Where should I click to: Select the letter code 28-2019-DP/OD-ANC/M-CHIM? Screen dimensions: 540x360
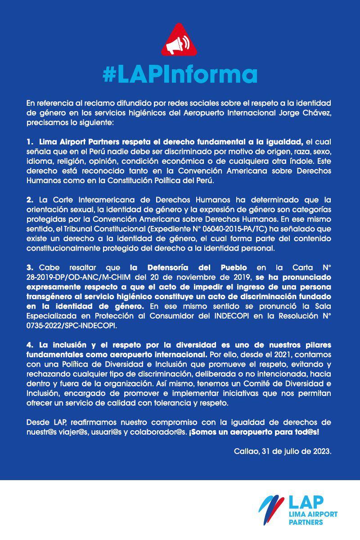coord(75,277)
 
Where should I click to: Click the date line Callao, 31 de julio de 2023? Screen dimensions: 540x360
coord(283,451)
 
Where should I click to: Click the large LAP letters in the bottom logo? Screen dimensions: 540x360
coord(308,502)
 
